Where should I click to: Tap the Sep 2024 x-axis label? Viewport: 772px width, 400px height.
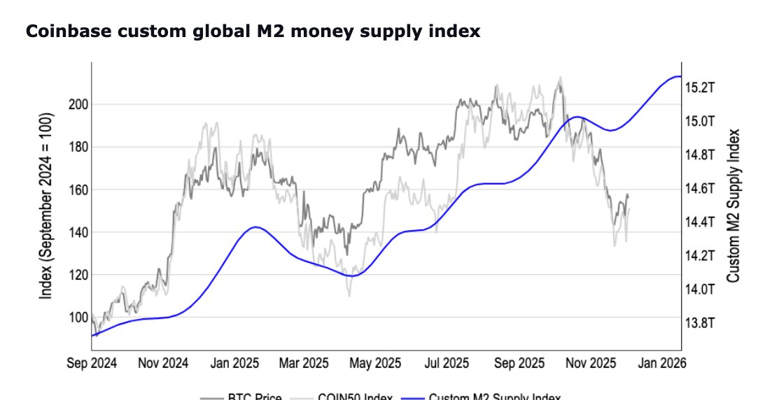(92, 364)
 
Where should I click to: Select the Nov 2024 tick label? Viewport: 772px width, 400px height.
(163, 364)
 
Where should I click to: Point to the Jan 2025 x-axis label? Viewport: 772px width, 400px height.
(234, 364)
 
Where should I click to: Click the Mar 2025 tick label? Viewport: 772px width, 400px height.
(303, 364)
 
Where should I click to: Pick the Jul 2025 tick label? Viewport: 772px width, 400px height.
(447, 364)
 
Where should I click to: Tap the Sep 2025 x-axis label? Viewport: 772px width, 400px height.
(519, 364)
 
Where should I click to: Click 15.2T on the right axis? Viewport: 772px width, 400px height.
(699, 88)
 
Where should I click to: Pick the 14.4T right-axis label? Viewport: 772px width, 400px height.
(699, 222)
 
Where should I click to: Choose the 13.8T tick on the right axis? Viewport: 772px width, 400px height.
(699, 323)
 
